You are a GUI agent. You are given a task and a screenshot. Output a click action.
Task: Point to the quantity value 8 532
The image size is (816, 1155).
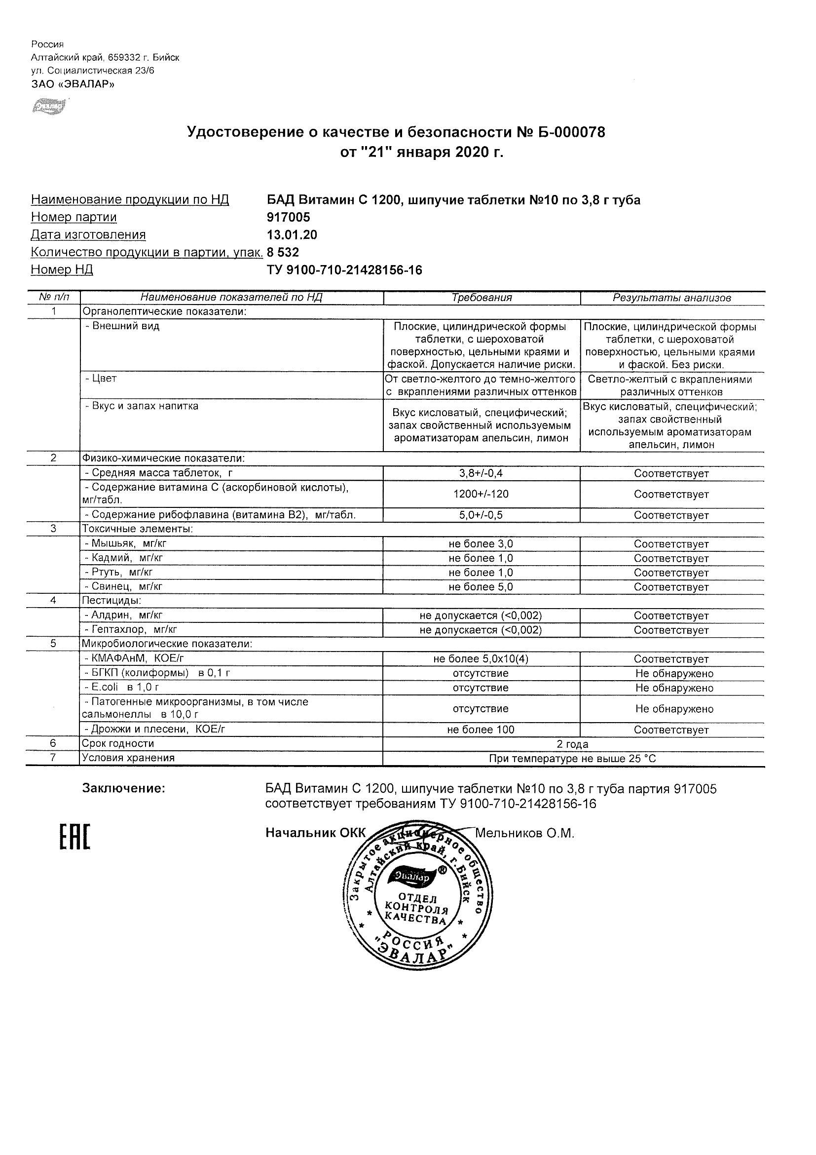click(x=283, y=252)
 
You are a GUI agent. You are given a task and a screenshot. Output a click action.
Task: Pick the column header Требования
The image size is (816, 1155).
click(x=482, y=298)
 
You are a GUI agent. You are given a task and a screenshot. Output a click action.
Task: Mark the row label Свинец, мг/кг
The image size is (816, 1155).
click(x=124, y=586)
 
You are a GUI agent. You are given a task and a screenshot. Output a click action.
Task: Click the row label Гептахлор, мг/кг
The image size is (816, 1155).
click(x=131, y=629)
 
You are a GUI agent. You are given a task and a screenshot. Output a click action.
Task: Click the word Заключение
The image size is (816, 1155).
click(x=124, y=788)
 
